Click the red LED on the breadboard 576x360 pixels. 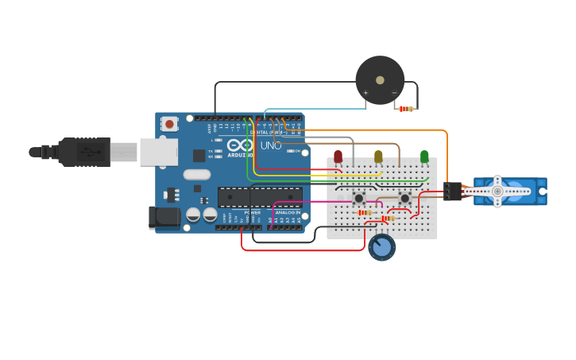click(338, 157)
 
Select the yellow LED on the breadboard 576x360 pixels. click(378, 157)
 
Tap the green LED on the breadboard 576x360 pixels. click(424, 157)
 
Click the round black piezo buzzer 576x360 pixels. click(380, 80)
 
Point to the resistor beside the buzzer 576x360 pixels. click(406, 109)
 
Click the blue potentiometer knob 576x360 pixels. click(382, 247)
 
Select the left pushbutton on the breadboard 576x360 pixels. click(359, 198)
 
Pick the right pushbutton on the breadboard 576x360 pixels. click(404, 198)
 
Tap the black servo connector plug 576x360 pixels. click(452, 191)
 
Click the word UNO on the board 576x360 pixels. click(271, 145)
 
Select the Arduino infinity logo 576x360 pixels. click(239, 145)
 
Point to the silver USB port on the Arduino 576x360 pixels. click(158, 151)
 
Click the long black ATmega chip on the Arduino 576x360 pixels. click(260, 196)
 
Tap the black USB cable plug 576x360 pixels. click(84, 151)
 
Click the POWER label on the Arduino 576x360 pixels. click(252, 213)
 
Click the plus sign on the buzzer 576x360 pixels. click(365, 93)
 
